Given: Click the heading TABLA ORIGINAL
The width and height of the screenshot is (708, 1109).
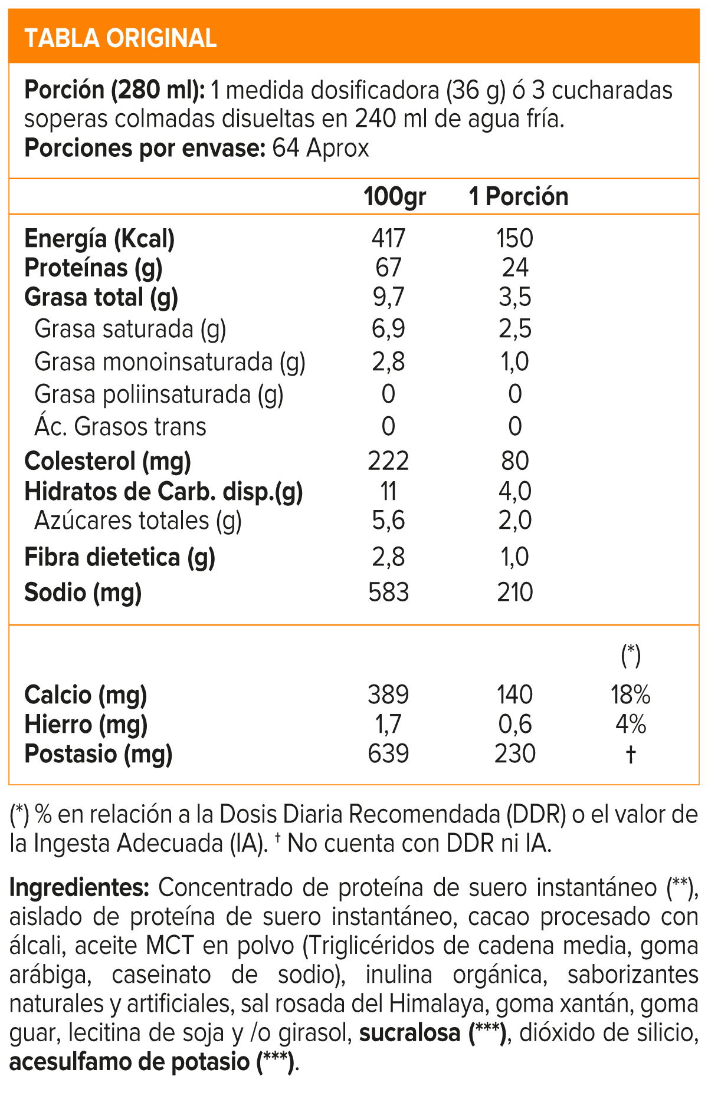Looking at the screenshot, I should pos(120,38).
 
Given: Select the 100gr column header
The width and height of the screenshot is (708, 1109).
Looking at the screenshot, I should pos(394,196).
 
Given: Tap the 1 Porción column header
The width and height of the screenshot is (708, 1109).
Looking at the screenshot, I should pos(519,196).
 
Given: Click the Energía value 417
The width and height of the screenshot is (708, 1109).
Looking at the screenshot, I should pos(388,238).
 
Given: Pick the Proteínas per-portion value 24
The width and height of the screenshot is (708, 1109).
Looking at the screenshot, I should pos(515,268).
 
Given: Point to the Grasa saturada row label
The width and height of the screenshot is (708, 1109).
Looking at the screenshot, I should pos(130,329).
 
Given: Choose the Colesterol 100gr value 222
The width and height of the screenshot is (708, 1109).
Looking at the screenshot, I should pos(388,461).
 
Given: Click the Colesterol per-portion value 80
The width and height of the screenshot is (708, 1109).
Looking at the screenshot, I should pos(515,461).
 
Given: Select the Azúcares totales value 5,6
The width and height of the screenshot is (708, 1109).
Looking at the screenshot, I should pos(388,521).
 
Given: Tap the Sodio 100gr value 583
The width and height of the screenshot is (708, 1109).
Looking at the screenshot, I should pos(388,593).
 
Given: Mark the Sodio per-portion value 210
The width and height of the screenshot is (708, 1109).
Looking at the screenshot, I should pos(515,593).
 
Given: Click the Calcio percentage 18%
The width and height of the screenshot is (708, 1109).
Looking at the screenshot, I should pos(630,695).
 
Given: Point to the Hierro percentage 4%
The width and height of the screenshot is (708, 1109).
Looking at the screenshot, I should pos(630,724).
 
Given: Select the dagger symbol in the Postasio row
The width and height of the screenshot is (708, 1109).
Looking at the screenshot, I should pos(630,754).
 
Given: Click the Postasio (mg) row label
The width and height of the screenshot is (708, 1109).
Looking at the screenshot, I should pos(98,754).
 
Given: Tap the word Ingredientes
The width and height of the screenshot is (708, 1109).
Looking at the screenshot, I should pos(78,888).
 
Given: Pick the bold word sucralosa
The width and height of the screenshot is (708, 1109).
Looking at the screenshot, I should pos(409,1033).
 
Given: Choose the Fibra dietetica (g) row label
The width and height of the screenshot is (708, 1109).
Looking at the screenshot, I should pos(120,557).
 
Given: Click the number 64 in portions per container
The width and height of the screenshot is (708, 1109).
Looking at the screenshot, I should pos(286,148).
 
